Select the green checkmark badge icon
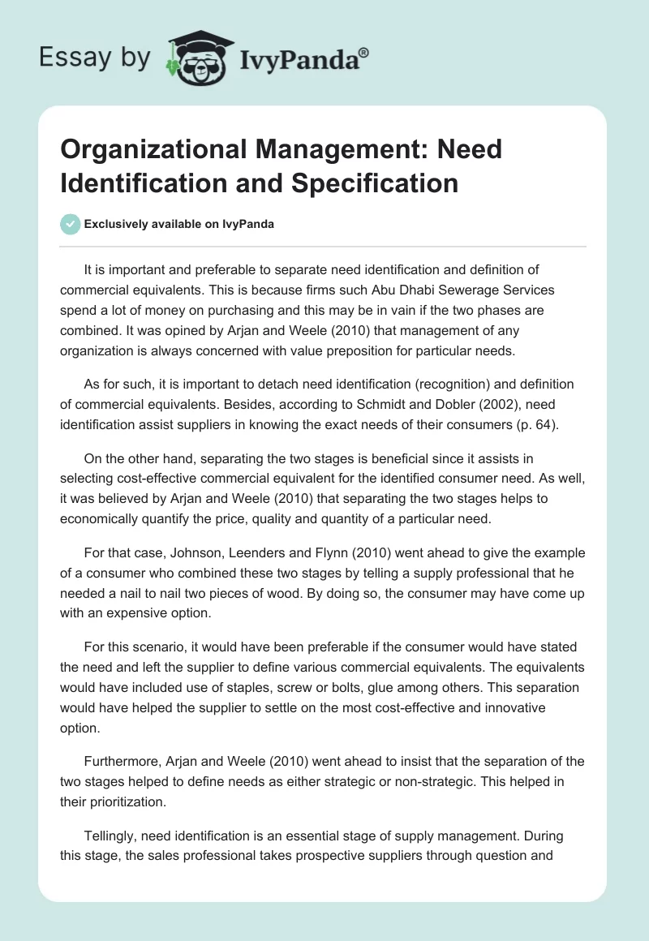[70, 224]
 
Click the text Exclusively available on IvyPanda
[179, 225]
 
